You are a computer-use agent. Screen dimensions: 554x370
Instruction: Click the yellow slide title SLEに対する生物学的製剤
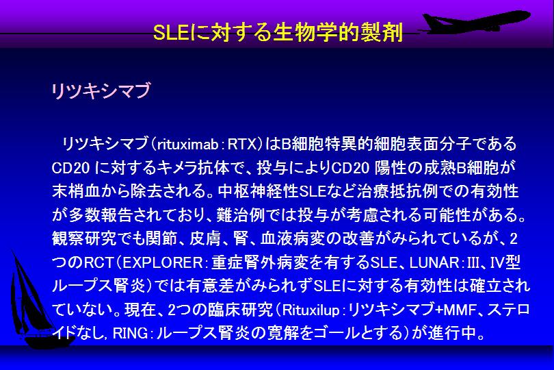pyautogui.click(x=278, y=33)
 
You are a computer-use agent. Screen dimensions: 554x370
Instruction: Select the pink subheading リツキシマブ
pyautogui.click(x=101, y=90)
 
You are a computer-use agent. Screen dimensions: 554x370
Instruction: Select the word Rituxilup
pyautogui.click(x=311, y=310)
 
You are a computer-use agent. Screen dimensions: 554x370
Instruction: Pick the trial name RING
pyautogui.click(x=131, y=334)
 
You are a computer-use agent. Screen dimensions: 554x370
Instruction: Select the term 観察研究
pyautogui.click(x=84, y=239)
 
